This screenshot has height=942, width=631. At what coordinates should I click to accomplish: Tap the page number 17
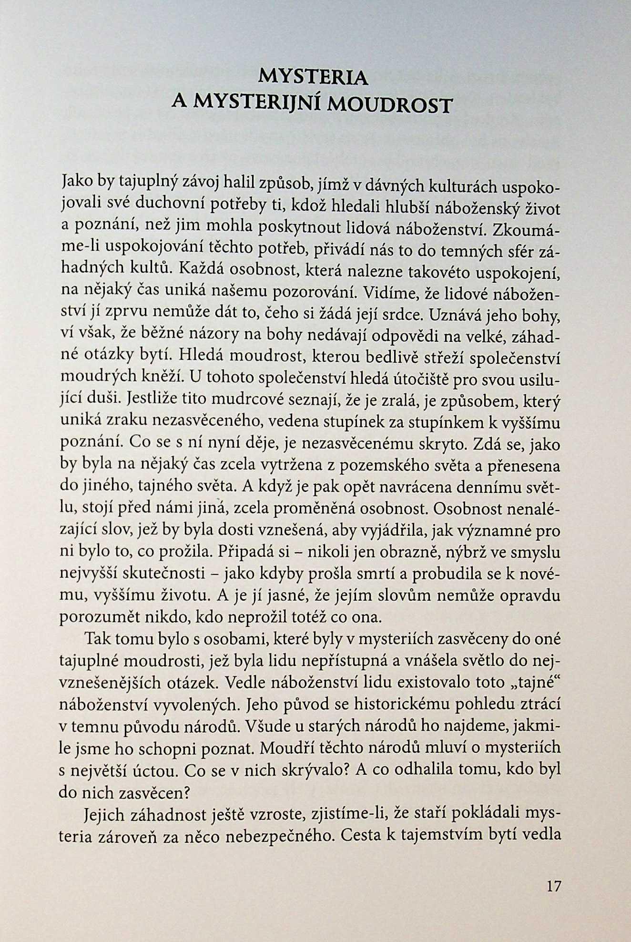click(554, 886)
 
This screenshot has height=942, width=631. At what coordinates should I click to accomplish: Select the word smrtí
click(377, 574)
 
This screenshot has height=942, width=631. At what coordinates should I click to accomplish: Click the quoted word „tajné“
click(535, 682)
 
